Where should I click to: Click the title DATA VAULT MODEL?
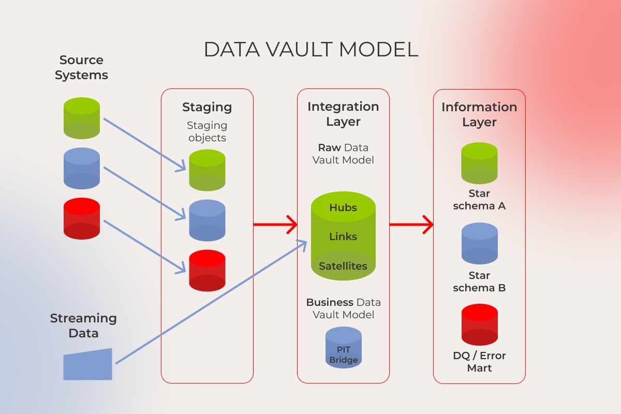tap(311, 50)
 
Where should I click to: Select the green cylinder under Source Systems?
tap(82, 118)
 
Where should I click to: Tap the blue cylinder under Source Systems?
tap(82, 168)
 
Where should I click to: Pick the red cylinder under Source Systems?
tap(82, 218)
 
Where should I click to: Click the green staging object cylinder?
tap(207, 170)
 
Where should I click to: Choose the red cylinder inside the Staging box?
tap(207, 270)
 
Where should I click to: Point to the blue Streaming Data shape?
tap(87, 364)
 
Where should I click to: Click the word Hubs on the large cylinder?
tap(343, 208)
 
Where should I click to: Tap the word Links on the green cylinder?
tap(343, 236)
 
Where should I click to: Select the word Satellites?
tap(343, 266)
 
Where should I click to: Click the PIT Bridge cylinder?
tap(344, 347)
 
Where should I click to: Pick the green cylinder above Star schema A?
tap(479, 163)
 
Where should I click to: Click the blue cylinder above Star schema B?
tap(480, 243)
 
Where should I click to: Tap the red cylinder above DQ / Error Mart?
tap(480, 324)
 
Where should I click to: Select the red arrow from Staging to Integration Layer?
tap(275, 224)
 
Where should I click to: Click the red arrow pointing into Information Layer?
tap(411, 224)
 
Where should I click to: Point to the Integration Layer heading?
tap(343, 114)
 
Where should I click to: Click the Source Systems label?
tap(82, 67)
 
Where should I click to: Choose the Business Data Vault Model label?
tap(344, 308)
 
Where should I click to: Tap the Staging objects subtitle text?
tap(207, 131)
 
